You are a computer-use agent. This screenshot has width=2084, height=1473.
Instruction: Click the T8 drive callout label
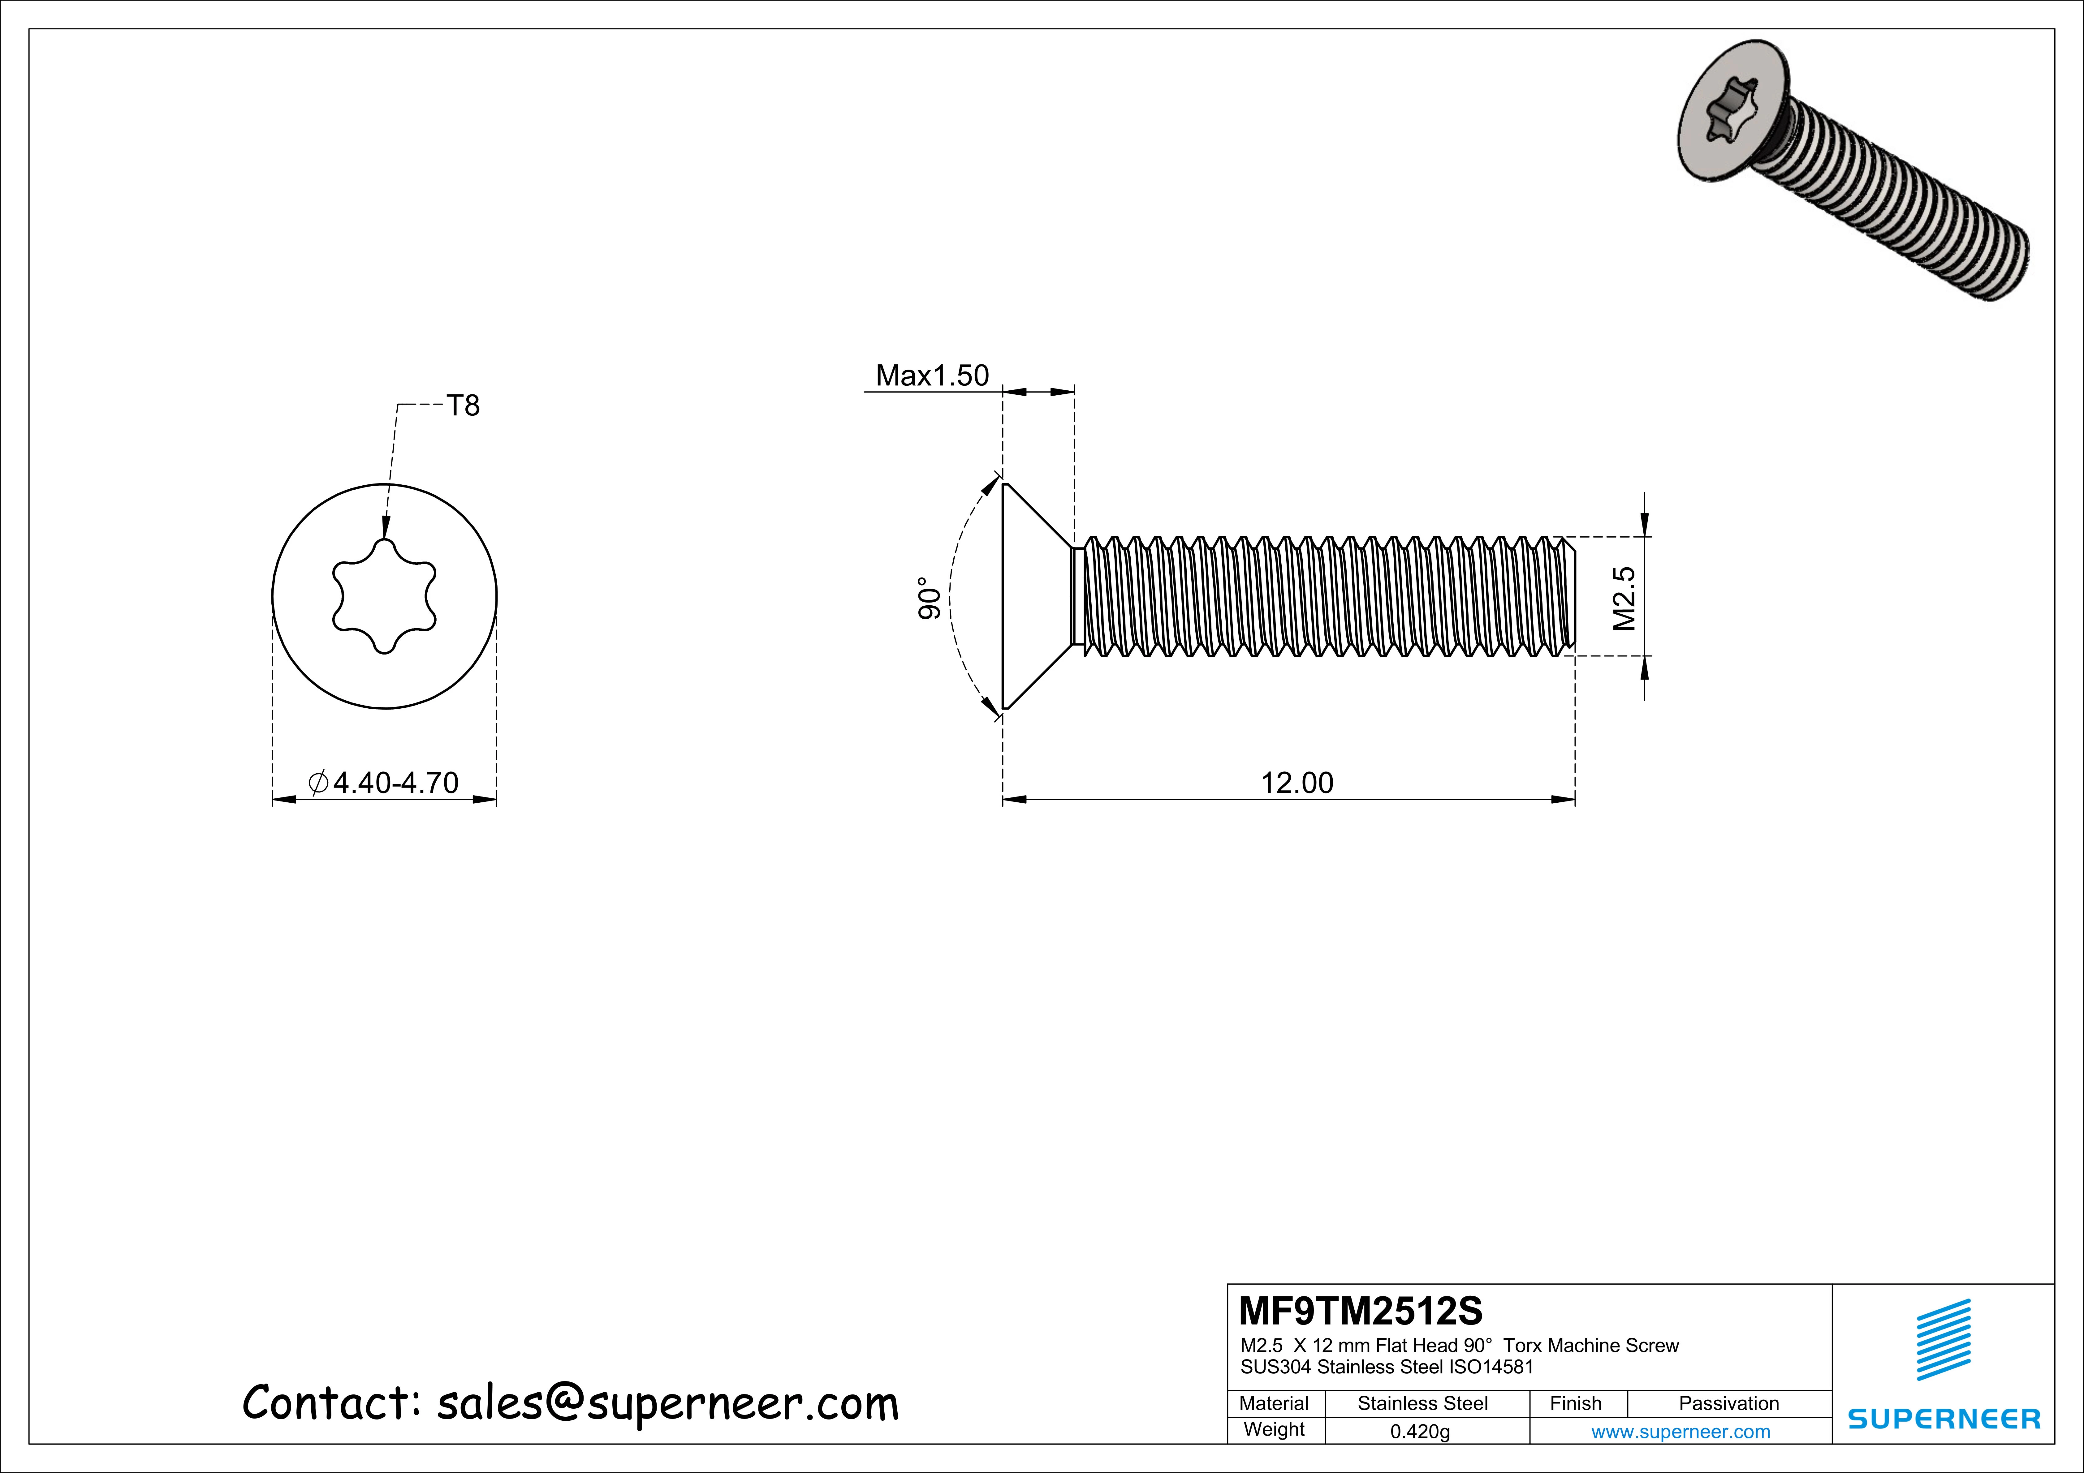463,406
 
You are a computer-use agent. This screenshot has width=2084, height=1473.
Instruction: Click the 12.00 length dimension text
1297,783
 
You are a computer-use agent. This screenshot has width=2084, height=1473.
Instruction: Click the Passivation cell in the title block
1728,1403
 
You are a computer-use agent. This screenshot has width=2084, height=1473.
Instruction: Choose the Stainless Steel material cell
1422,1403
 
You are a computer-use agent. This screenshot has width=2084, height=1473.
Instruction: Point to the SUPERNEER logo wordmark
1943,1419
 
